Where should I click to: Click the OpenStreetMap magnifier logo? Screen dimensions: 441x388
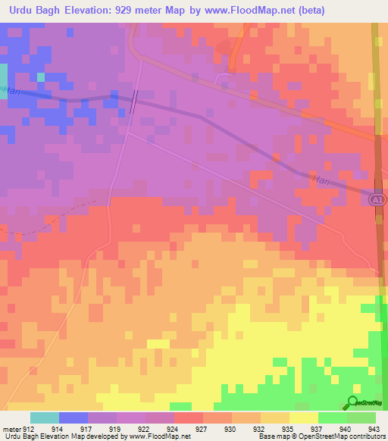pyautogui.click(x=352, y=402)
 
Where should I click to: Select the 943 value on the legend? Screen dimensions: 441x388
pyautogui.click(x=374, y=428)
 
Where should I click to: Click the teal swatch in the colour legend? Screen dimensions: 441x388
pyautogui.click(x=45, y=418)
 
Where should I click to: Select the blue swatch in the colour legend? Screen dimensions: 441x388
pyautogui.click(x=74, y=418)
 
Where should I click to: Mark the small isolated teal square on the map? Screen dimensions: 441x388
pyautogui.click(x=40, y=77)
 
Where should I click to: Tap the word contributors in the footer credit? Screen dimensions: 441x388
pyautogui.click(x=367, y=437)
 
